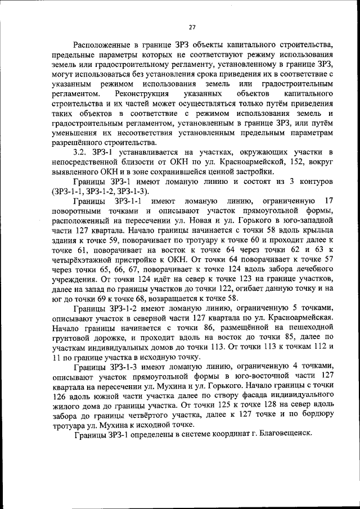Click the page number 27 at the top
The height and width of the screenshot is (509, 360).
[x=192, y=26]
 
